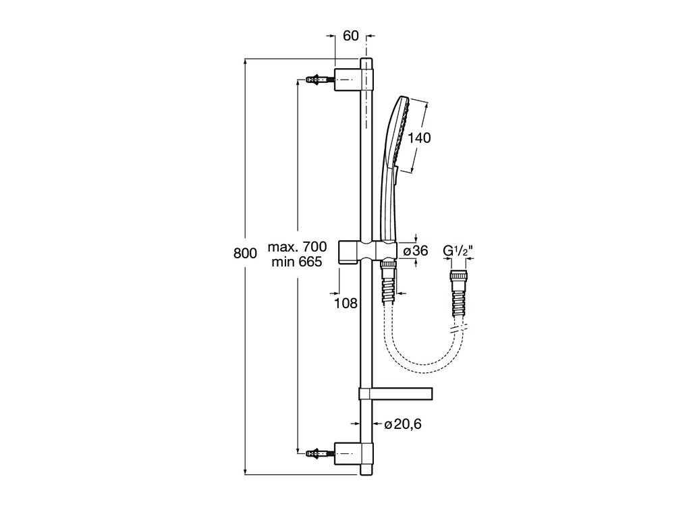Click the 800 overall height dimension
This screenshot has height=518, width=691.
245,254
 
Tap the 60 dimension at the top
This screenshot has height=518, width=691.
351,36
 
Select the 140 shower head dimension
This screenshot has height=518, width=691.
418,138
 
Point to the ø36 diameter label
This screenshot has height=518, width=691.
416,251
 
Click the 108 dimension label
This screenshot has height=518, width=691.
345,303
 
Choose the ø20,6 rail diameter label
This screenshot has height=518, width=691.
403,424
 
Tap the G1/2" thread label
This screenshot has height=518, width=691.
458,251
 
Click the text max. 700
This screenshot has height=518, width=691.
298,246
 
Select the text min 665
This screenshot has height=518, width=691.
297,262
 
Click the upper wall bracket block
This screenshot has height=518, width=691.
348,80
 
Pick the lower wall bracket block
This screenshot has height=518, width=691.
348,453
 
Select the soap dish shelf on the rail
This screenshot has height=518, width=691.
395,394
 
